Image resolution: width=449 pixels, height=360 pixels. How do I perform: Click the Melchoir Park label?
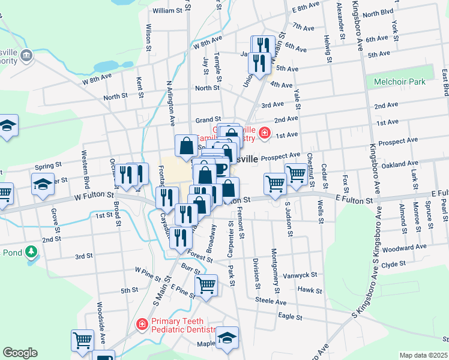tap(399, 82)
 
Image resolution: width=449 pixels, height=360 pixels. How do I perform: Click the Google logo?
tap(20, 353)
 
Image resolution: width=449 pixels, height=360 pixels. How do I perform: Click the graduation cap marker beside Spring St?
tap(42, 184)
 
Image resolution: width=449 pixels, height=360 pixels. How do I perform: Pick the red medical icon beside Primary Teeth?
tap(142, 325)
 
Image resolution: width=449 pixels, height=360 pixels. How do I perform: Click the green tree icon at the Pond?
tap(29, 252)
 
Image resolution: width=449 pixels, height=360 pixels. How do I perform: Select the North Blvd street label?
tap(378, 13)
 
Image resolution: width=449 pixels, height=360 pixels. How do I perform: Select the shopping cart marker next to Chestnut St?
tap(297, 175)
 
